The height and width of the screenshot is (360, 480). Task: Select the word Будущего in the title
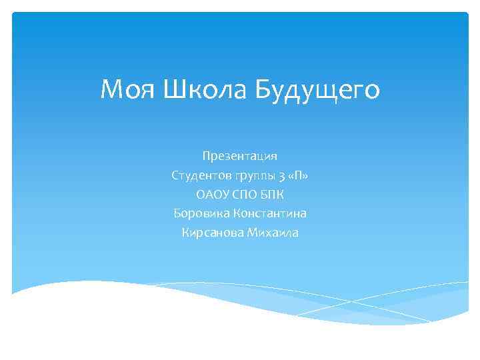pyautogui.click(x=315, y=90)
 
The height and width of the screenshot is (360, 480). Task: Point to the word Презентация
pyautogui.click(x=240, y=156)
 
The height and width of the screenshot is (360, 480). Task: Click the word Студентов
pyautogui.click(x=201, y=175)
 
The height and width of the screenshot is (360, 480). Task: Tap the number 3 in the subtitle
pyautogui.click(x=283, y=176)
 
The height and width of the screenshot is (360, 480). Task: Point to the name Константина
pyautogui.click(x=270, y=213)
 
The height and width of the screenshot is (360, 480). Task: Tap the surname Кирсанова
pyautogui.click(x=211, y=233)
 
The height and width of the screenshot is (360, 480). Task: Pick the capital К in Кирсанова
pyautogui.click(x=185, y=233)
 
